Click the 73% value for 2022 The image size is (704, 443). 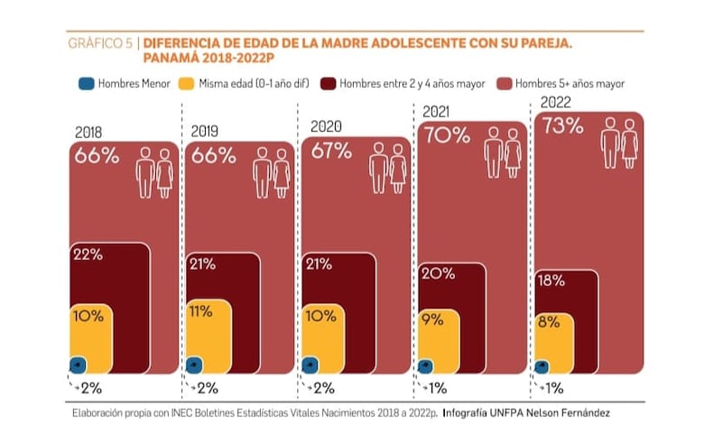tap(561, 126)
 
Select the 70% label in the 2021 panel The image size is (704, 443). tap(447, 136)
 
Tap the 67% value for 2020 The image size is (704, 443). tap(331, 151)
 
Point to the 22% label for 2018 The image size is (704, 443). tap(87, 255)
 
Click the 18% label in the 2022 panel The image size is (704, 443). tap(551, 281)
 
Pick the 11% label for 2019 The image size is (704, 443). tap(200, 312)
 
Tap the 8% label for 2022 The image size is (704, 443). tap(547, 322)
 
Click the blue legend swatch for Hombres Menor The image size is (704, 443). tap(87, 84)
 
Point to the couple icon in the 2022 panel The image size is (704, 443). tap(620, 142)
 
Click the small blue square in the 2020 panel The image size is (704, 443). tap(310, 365)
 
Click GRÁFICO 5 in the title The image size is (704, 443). tap(101, 42)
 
